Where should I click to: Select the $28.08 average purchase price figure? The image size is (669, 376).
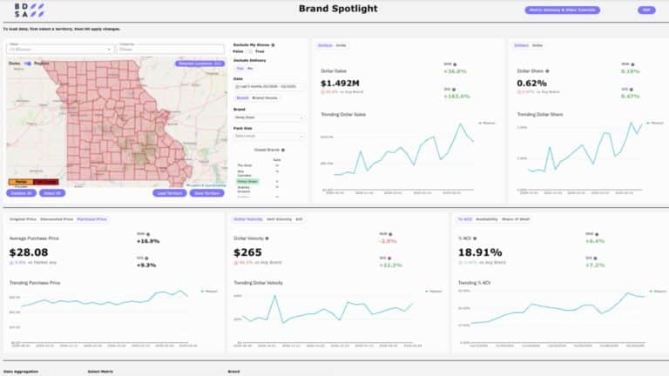[x=28, y=252]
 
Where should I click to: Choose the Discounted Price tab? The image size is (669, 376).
[x=57, y=219]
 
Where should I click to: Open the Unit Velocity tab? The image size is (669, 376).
[x=279, y=219]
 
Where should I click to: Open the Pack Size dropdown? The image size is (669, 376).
[x=269, y=136]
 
